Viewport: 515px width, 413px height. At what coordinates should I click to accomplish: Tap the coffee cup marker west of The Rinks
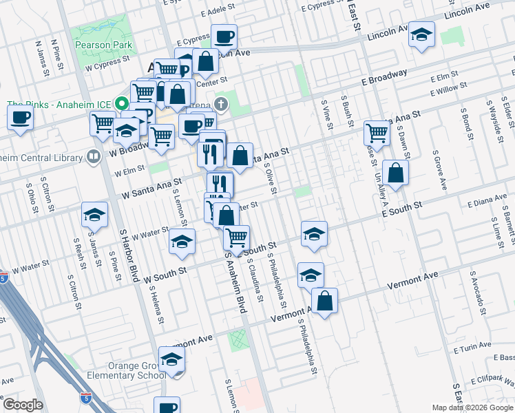[x=21, y=116]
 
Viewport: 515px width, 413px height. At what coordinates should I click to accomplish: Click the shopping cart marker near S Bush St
[x=377, y=131]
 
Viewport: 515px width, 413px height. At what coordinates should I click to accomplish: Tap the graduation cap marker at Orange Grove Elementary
[x=171, y=359]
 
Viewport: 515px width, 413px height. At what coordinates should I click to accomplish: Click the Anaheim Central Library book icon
[x=93, y=158]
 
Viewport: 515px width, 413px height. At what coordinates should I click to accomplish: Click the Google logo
[x=23, y=405]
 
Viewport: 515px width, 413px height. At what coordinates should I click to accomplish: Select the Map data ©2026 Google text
[x=472, y=407]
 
